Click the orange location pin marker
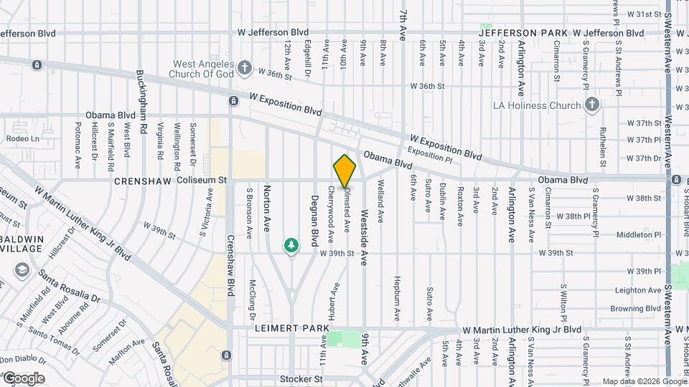[344, 171]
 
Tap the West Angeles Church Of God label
[204, 68]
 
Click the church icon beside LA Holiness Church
[591, 105]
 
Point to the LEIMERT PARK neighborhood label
[291, 328]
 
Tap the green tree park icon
[291, 246]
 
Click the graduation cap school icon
[22, 270]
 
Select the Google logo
[24, 378]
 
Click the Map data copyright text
[643, 381]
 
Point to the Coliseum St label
[202, 181]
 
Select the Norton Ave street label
[267, 208]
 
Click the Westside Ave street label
[365, 235]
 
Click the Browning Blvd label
[635, 309]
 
